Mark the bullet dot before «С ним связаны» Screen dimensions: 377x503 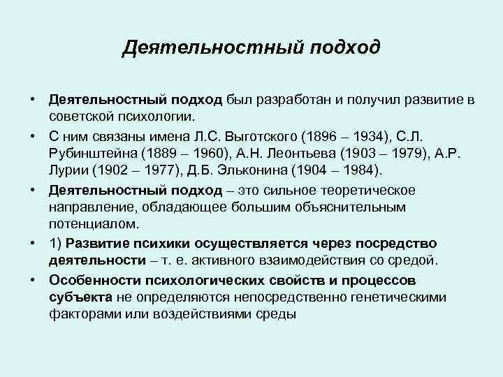click(34, 135)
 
